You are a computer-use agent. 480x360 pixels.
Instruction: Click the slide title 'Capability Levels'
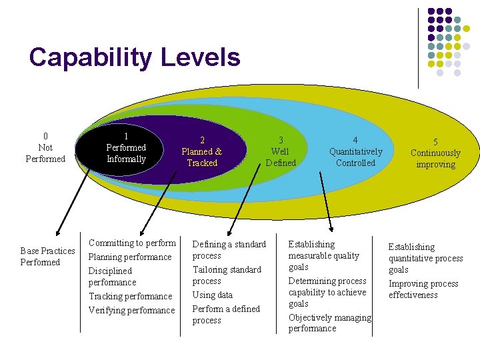(x=135, y=57)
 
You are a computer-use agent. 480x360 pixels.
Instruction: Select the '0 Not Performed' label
(x=45, y=147)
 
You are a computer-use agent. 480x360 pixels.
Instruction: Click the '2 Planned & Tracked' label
(x=202, y=151)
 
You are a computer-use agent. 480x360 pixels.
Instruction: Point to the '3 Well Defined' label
(x=280, y=151)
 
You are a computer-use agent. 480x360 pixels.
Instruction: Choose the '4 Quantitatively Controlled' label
(x=355, y=151)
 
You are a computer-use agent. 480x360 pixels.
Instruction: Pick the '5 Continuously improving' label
(x=435, y=153)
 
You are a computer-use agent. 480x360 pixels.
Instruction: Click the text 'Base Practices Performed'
(x=47, y=256)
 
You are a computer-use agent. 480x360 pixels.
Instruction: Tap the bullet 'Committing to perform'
(x=132, y=243)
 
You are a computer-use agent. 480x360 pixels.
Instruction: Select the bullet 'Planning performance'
(x=130, y=257)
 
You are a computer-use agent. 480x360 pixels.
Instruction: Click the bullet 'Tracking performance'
(x=130, y=296)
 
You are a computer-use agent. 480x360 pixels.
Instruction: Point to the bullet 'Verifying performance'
(x=131, y=310)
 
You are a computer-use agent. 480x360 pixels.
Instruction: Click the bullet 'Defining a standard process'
(x=229, y=250)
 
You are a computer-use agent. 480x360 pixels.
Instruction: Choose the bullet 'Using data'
(x=213, y=295)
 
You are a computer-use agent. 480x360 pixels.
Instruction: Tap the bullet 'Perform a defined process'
(x=226, y=314)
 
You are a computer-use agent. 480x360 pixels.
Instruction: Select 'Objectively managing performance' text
(x=329, y=323)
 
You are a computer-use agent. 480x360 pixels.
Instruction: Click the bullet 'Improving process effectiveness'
(x=423, y=289)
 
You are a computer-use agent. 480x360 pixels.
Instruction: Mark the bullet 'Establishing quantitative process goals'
(x=425, y=258)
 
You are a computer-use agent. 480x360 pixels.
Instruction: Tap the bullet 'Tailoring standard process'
(x=227, y=275)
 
